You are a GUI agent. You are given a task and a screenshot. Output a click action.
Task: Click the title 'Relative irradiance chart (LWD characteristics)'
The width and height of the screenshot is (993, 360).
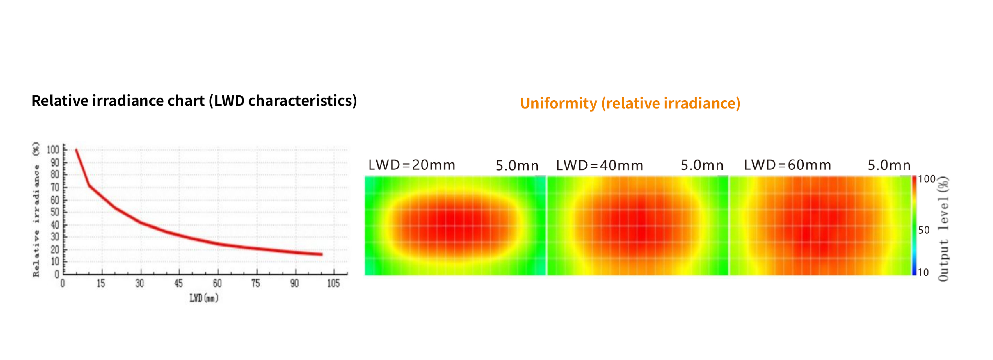[x=194, y=101]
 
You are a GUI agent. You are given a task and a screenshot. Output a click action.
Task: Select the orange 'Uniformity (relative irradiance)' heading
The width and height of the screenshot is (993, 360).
[x=630, y=103]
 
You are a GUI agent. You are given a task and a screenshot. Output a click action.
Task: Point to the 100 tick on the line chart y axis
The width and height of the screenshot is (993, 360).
[x=53, y=149]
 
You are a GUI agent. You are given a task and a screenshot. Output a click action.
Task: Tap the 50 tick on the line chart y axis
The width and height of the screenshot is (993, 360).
[x=55, y=212]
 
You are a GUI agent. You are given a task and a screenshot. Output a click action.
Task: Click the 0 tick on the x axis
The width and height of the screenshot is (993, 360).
[x=62, y=284]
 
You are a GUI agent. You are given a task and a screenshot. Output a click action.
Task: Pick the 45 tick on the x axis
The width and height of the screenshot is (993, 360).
[x=179, y=284]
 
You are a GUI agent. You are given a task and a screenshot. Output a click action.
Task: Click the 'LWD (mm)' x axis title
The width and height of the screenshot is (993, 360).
[x=203, y=298]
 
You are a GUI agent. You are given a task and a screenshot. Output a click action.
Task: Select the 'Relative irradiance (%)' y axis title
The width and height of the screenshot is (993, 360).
[x=36, y=209]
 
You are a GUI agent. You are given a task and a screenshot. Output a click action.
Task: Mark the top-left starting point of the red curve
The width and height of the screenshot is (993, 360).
[x=76, y=149]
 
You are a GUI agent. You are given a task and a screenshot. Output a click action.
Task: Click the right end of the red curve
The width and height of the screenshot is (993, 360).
[x=322, y=255]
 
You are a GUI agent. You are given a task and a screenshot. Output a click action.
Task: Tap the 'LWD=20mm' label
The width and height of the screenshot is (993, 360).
[x=411, y=165]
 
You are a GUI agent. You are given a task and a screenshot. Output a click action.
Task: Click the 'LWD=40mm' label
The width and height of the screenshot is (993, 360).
[x=599, y=165]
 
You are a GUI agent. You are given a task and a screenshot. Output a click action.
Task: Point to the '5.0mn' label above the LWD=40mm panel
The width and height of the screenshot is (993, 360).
[x=701, y=165]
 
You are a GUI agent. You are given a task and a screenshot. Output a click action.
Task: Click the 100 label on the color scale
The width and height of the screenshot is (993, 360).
[x=926, y=179]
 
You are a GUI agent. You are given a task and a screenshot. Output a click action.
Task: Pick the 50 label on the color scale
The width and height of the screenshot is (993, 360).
[x=924, y=230]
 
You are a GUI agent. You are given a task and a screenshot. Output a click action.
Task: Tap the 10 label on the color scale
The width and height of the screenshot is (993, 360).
[x=923, y=272]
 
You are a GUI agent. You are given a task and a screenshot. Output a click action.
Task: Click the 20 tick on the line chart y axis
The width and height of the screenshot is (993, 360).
[x=55, y=249]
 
